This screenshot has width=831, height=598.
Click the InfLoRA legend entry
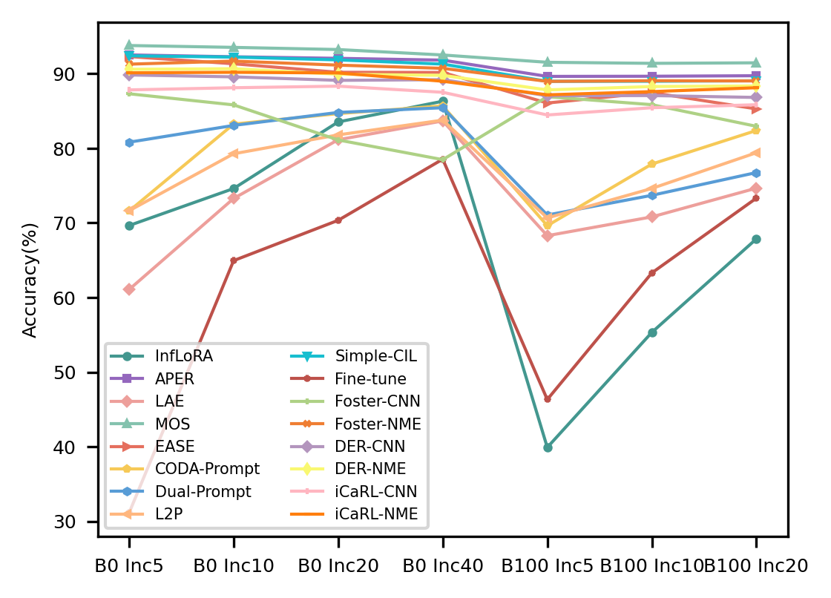tap(183, 356)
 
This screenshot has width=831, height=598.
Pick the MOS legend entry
tap(173, 424)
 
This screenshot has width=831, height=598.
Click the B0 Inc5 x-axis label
tap(129, 566)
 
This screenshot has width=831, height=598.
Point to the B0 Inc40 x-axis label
tap(443, 566)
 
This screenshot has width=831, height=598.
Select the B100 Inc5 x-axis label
tap(548, 566)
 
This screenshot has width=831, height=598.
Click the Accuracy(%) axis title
tap(30, 279)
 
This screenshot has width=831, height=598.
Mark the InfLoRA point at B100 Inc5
tap(548, 447)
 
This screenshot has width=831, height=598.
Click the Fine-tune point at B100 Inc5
tap(548, 399)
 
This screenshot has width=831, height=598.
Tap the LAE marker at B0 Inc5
tap(129, 289)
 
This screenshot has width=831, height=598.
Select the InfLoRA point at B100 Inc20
tap(756, 239)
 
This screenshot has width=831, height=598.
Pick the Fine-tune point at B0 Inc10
tap(234, 260)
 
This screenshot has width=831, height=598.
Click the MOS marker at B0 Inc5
tap(129, 45)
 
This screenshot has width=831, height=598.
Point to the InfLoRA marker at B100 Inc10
tap(652, 332)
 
